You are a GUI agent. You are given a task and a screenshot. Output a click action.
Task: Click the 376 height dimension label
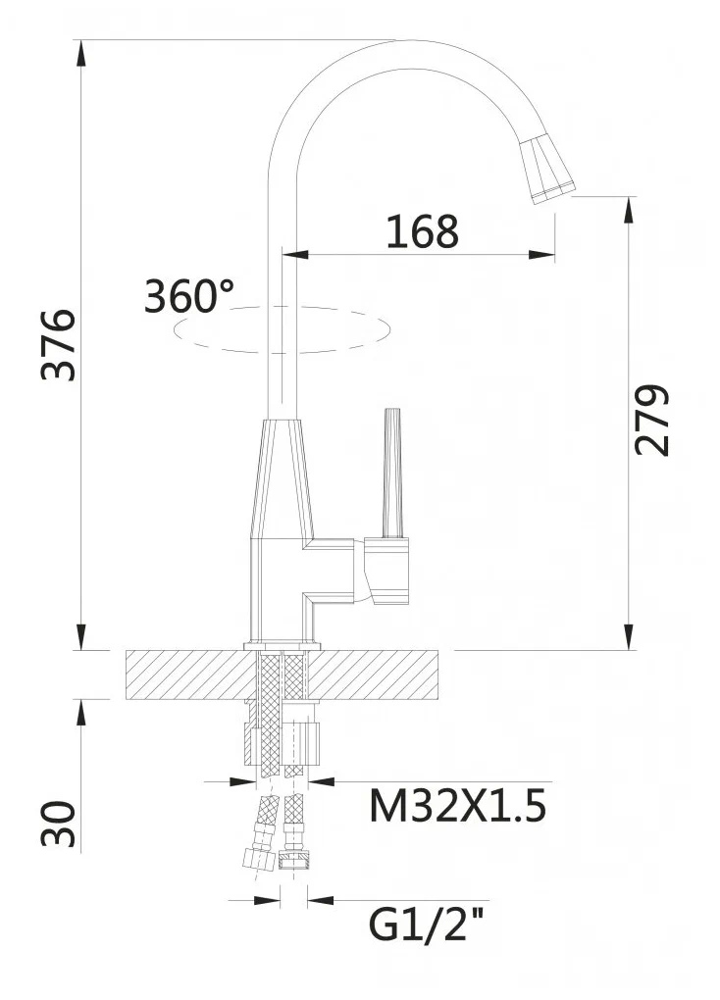(59, 345)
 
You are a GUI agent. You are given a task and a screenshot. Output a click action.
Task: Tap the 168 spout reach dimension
(423, 231)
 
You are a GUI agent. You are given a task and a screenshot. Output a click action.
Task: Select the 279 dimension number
(651, 420)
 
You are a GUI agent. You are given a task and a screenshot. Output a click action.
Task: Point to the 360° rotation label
(189, 296)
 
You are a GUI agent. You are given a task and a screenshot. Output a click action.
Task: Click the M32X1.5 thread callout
(458, 806)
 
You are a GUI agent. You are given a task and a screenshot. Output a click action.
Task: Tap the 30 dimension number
(59, 824)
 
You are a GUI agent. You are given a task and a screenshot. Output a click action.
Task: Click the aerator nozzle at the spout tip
(546, 170)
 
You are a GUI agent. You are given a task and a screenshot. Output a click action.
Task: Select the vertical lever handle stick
(392, 473)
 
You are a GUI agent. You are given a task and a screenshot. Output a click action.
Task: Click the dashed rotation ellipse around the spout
(282, 351)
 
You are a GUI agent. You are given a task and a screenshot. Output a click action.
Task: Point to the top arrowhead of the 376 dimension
(81, 52)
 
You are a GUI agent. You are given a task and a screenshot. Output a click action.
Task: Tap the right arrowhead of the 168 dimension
(542, 255)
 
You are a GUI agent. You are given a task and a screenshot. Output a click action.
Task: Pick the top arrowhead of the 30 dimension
(81, 712)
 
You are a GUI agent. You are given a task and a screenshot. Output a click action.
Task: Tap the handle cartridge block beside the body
(386, 571)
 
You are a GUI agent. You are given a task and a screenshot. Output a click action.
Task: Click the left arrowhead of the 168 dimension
(294, 255)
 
